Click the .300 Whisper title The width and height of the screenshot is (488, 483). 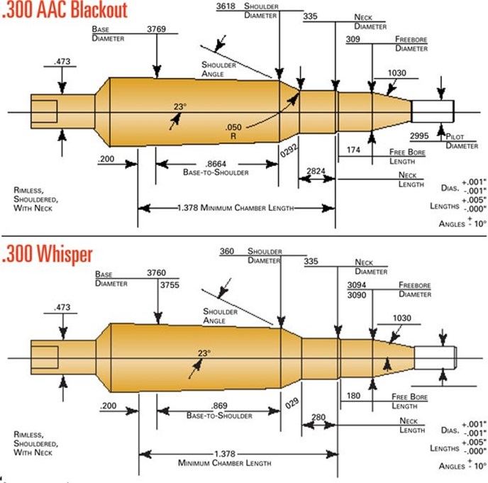tap(50, 254)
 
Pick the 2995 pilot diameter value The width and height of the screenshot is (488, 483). tap(421, 135)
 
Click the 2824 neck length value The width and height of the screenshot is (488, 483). tap(316, 171)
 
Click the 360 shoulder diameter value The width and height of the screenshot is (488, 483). tap(227, 251)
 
